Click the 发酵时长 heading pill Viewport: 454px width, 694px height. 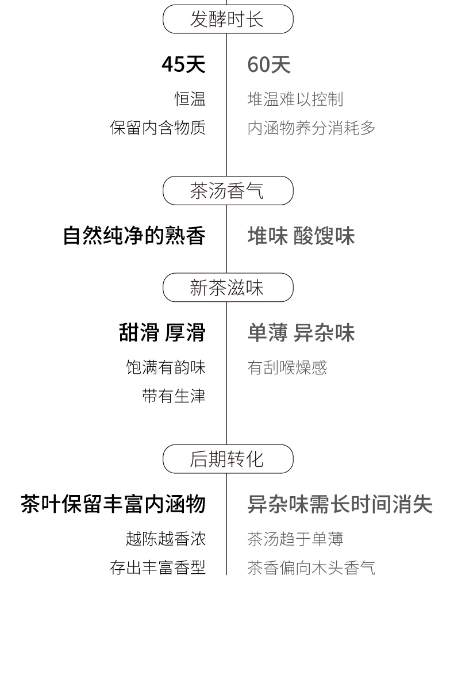pyautogui.click(x=228, y=19)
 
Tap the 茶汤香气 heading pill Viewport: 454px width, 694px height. pyautogui.click(x=228, y=190)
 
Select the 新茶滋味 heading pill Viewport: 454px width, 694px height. pyautogui.click(x=228, y=287)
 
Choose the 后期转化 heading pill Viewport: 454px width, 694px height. pyautogui.click(x=228, y=458)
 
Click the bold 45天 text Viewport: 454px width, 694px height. pyautogui.click(x=184, y=64)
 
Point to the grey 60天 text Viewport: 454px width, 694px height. pyautogui.click(x=269, y=64)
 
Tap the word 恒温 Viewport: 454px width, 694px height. pyautogui.click(x=190, y=99)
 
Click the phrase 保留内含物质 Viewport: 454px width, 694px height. pyautogui.click(x=157, y=128)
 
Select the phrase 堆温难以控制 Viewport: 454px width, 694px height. pyautogui.click(x=295, y=99)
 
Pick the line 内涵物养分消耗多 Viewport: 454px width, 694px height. pyautogui.click(x=311, y=128)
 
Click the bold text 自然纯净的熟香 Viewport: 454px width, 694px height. pyautogui.click(x=134, y=236)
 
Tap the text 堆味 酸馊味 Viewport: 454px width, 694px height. pyautogui.click(x=301, y=236)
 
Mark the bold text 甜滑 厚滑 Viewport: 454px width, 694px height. pyautogui.click(x=162, y=332)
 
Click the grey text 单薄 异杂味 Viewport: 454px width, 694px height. pyautogui.click(x=301, y=332)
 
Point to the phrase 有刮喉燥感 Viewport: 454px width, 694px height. pyautogui.click(x=287, y=367)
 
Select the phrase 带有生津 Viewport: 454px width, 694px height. pyautogui.click(x=174, y=396)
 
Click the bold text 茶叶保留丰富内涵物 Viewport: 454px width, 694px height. pyautogui.click(x=113, y=504)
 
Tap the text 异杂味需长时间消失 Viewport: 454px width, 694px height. pyautogui.click(x=340, y=504)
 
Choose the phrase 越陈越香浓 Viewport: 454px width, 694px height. pyautogui.click(x=166, y=539)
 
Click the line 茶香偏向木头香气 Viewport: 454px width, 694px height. pyautogui.click(x=311, y=568)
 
